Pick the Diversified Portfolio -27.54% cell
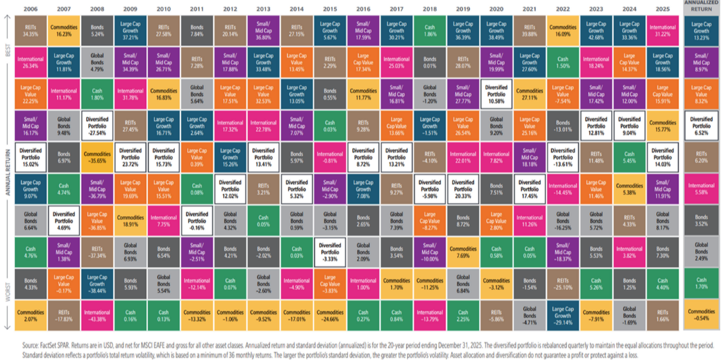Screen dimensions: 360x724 point(97,126)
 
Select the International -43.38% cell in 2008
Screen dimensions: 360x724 point(97,316)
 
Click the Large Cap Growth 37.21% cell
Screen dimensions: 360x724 point(130,30)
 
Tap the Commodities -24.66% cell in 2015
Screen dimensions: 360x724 point(330,316)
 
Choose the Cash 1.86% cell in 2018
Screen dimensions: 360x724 point(430,30)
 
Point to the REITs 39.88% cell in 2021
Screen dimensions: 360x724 point(529,30)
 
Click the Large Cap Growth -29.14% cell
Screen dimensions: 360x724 point(563,316)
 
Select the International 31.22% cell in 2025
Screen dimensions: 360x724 point(662,30)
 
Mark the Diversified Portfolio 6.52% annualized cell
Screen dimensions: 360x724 point(700,126)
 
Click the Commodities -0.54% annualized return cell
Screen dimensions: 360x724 point(700,316)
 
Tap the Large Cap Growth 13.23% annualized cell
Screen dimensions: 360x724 point(700,30)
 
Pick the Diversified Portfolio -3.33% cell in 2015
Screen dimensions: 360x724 point(330,252)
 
